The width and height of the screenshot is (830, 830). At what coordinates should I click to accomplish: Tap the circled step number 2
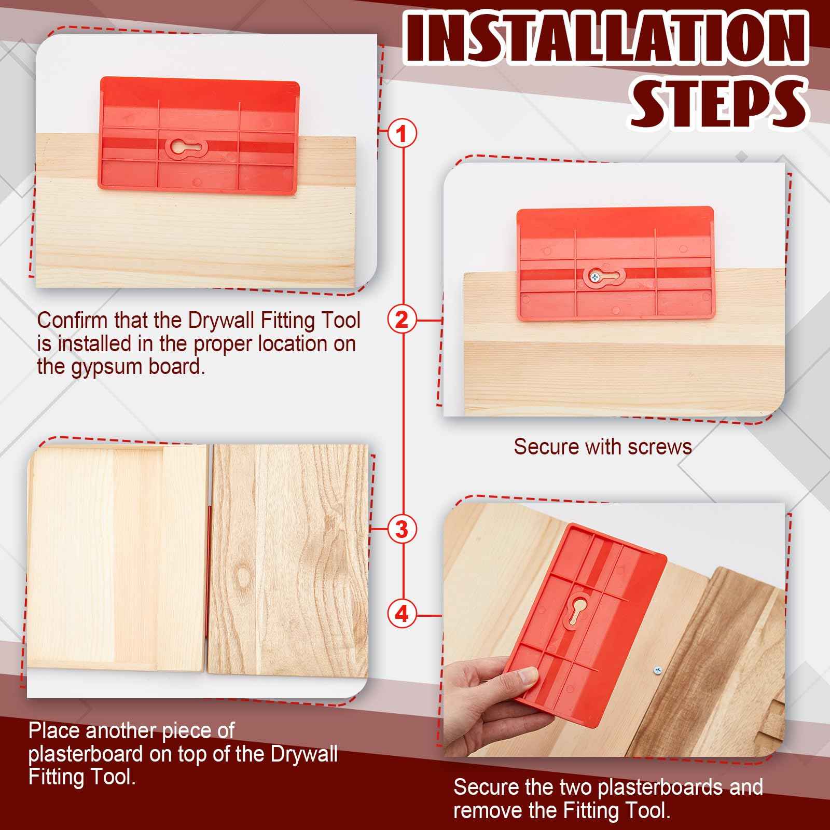coord(402,320)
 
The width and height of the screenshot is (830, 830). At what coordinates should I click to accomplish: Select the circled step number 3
coord(402,530)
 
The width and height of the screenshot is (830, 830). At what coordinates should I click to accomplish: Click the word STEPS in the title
coord(718,106)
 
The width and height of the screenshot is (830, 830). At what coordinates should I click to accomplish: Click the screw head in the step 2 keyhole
coord(593,278)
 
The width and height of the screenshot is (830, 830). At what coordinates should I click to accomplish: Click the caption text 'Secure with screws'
coord(603,447)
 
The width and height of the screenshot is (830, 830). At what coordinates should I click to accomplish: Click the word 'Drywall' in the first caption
coord(222,320)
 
